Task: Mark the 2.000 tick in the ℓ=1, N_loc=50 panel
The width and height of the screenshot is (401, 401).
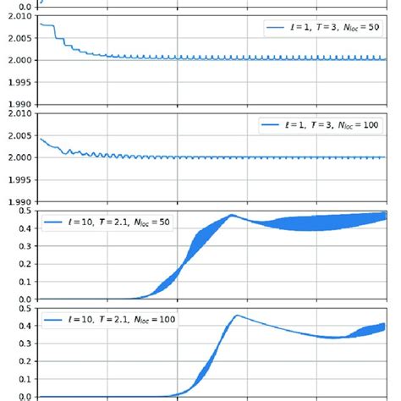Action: [x=19, y=60]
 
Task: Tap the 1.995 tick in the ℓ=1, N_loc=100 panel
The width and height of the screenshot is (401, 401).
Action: [x=19, y=179]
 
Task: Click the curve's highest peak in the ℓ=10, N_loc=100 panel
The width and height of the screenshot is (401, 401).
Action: [x=237, y=316]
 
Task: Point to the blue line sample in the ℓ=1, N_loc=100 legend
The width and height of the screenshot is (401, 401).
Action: [x=271, y=124]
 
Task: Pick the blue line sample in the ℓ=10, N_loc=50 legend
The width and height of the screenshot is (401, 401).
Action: [x=55, y=223]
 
